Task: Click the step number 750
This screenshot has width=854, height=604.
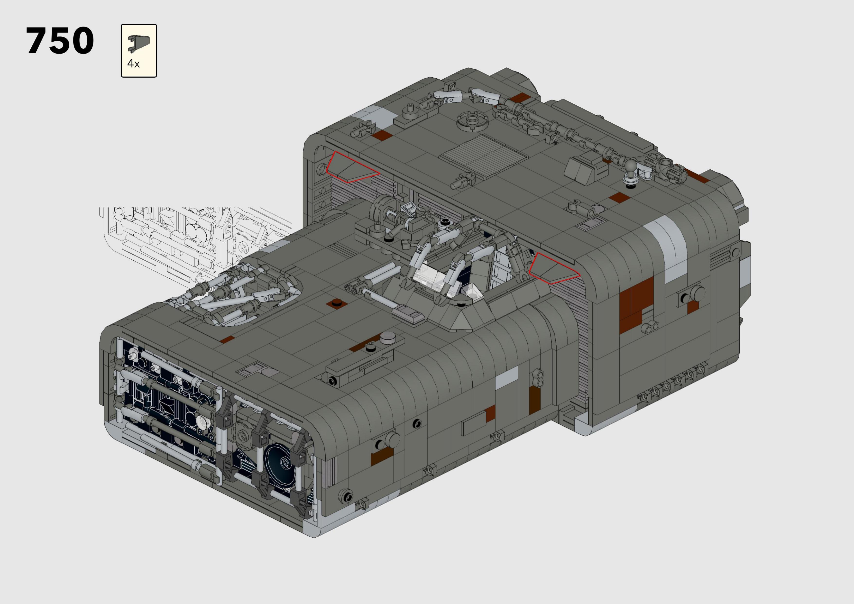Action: click(x=60, y=41)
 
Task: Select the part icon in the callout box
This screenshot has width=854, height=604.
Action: click(x=139, y=44)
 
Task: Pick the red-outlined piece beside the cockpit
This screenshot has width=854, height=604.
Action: click(x=553, y=269)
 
